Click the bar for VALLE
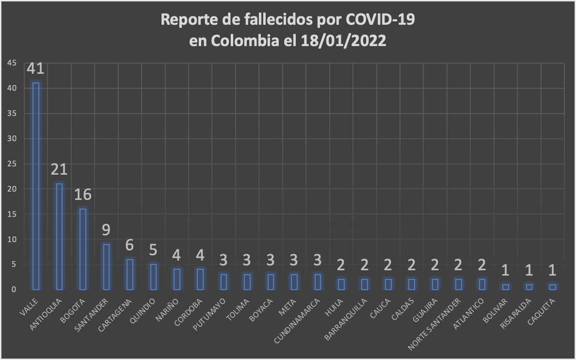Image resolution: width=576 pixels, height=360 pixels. point(35,186)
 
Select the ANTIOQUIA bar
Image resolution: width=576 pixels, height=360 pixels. point(59,236)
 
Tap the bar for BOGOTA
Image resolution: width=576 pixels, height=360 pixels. point(83,249)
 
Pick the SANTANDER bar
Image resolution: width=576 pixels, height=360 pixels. point(107,266)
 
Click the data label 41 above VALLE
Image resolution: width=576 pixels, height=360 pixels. point(35,69)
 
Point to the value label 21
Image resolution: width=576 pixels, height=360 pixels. point(59,170)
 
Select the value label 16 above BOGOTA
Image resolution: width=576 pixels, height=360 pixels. point(83,195)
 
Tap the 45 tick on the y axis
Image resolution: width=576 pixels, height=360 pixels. point(12,63)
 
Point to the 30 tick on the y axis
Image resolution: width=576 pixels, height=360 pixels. point(12,139)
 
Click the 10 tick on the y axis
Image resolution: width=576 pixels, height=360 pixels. point(12,239)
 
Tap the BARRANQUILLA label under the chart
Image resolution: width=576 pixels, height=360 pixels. point(346,319)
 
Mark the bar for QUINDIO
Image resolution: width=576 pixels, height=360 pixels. point(153,277)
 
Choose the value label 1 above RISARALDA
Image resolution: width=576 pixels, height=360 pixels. point(528,270)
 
